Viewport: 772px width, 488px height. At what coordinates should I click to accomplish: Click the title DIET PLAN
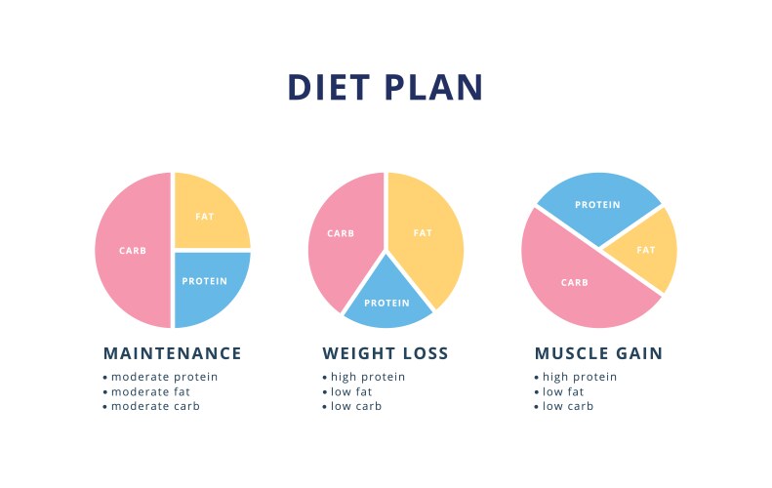click(386, 87)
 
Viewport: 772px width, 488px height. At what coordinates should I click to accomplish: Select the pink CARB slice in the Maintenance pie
click(133, 251)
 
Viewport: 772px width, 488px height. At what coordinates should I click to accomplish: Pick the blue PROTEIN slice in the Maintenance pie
click(209, 285)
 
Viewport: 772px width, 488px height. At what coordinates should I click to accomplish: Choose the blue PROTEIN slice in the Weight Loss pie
click(386, 299)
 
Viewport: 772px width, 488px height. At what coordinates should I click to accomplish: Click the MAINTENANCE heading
click(172, 353)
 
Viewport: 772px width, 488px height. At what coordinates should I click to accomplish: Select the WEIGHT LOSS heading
click(386, 353)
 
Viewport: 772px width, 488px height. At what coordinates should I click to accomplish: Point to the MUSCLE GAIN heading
click(598, 353)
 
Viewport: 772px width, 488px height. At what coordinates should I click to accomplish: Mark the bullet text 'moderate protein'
click(164, 377)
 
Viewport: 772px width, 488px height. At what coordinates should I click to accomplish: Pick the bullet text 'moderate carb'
click(155, 406)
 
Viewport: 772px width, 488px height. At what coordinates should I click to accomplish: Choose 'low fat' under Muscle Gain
click(563, 391)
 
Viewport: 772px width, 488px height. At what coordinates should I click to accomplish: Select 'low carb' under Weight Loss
click(355, 406)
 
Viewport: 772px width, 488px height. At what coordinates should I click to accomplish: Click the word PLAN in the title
click(433, 87)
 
